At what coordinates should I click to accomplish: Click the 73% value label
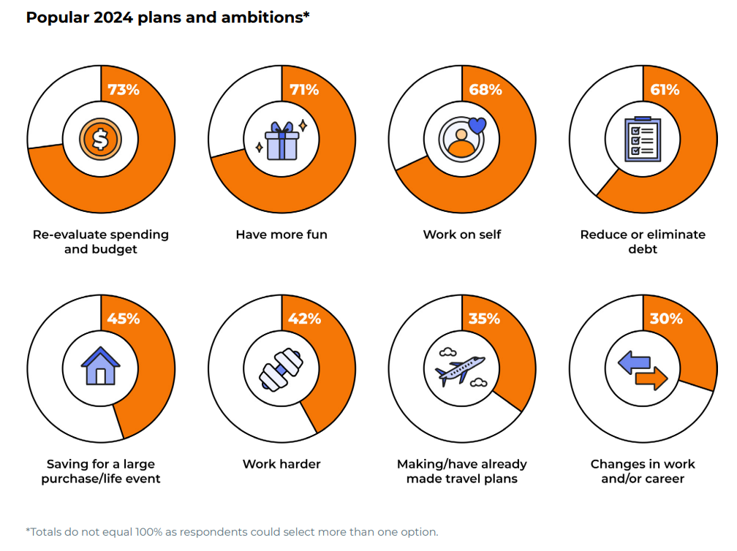[x=123, y=90]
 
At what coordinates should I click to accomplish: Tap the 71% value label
[x=303, y=90]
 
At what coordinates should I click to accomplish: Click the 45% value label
[x=123, y=319]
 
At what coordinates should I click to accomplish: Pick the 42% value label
[x=303, y=319]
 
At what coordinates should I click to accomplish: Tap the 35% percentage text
[x=484, y=319]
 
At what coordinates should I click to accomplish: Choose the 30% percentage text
[x=665, y=319]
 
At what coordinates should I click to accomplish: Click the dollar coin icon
[x=100, y=139]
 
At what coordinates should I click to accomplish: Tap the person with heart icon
[x=462, y=137]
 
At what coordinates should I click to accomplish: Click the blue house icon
[x=100, y=366]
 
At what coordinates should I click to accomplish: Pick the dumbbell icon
[x=281, y=368]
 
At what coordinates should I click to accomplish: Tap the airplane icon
[x=461, y=368]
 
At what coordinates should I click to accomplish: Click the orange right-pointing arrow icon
[x=651, y=379]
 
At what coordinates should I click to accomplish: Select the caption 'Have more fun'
[x=281, y=235]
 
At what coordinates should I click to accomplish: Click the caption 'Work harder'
[x=281, y=464]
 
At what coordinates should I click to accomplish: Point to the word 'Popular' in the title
[x=58, y=18]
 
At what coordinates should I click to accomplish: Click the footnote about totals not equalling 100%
[x=232, y=531]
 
